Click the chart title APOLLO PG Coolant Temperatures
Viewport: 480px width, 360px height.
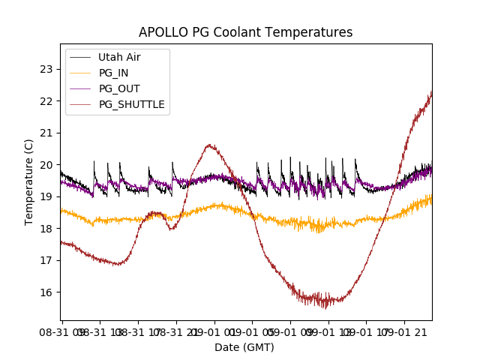[x=245, y=32]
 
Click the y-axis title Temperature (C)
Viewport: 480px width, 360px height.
[x=29, y=182]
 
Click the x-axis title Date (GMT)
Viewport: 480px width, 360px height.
[x=244, y=347]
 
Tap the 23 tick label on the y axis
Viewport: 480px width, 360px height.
[x=46, y=69]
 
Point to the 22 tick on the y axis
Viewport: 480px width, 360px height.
[x=46, y=101]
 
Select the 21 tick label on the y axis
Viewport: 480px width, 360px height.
[x=46, y=133]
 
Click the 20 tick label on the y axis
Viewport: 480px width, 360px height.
[x=46, y=165]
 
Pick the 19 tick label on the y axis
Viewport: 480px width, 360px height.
[x=46, y=196]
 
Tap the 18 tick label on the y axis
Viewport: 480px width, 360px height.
[x=46, y=229]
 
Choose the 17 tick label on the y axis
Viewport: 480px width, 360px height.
[x=46, y=260]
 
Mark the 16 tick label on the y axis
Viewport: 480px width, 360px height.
[x=46, y=292]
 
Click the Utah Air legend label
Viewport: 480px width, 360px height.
[x=119, y=57]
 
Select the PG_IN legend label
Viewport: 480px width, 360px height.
[x=114, y=73]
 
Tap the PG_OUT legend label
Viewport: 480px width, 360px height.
[x=119, y=88]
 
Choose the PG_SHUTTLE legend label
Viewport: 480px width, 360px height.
[x=132, y=104]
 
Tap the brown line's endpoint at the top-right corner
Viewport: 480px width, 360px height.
[x=431, y=92]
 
